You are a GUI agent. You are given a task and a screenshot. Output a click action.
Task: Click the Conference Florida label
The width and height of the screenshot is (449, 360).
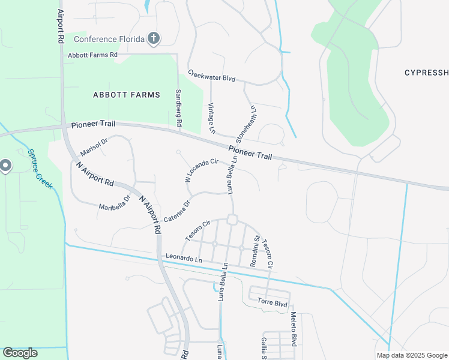[x=109, y=40]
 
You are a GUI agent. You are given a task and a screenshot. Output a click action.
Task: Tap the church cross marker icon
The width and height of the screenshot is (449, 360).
[x=154, y=39]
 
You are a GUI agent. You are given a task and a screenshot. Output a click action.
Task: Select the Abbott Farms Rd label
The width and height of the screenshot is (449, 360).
[x=93, y=55]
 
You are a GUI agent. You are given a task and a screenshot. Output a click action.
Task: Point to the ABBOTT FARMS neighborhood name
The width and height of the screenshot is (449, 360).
[x=127, y=95]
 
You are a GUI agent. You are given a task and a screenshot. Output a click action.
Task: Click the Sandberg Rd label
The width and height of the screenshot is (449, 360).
[x=178, y=108]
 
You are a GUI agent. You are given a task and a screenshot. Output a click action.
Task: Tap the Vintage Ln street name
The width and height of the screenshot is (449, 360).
[x=211, y=118]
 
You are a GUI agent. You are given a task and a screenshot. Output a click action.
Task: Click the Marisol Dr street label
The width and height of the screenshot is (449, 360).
[x=93, y=146]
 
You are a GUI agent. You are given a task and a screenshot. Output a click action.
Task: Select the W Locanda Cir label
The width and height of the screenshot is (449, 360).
[x=201, y=170]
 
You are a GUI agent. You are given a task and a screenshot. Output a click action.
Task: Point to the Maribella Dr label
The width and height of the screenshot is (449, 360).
[x=115, y=202]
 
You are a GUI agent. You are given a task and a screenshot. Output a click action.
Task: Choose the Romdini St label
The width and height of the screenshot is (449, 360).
[x=255, y=251]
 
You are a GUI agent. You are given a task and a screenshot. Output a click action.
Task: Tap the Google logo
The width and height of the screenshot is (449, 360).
[x=20, y=353]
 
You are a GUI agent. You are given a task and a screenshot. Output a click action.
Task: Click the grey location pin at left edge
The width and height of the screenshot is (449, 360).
[x=6, y=165]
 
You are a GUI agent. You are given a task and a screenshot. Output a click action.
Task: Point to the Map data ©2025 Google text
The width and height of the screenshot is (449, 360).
[x=411, y=355]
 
